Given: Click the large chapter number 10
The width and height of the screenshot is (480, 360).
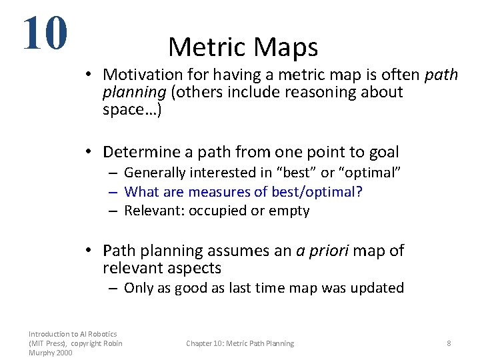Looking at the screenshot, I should tap(45, 33).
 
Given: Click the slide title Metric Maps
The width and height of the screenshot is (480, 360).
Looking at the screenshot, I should tap(243, 47).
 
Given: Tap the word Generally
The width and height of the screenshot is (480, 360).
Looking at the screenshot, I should tap(155, 173).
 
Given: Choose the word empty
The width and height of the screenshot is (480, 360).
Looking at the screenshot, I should tap(289, 211).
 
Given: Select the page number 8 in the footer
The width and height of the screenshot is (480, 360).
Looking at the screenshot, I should tap(449, 343).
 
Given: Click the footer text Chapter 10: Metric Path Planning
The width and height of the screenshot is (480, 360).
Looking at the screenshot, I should tap(239, 343).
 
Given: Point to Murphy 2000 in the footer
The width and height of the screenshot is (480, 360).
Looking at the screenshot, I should tap(51, 353).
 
